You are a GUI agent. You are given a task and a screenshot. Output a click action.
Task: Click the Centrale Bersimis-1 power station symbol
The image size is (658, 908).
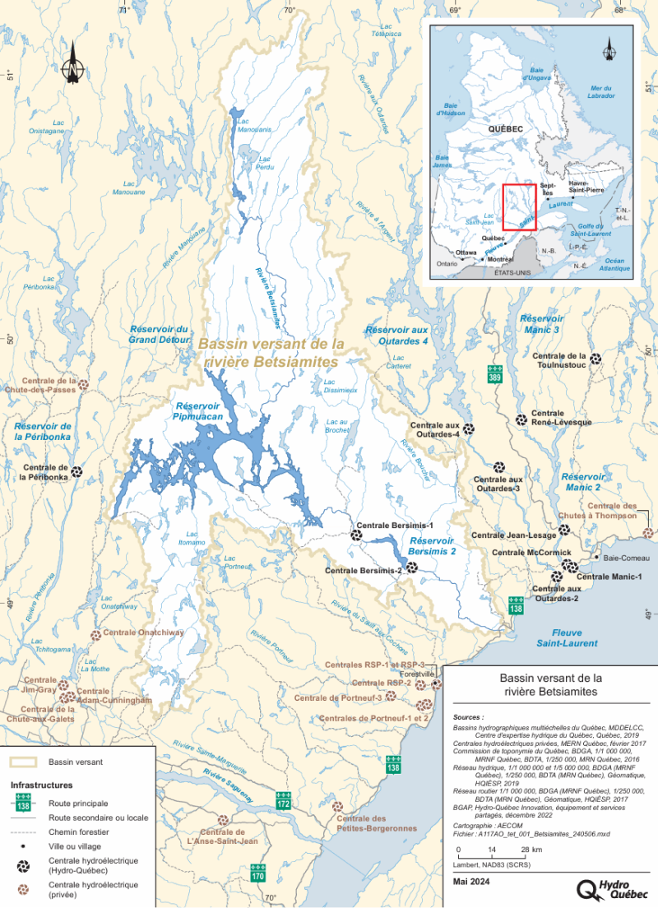(x=358, y=535)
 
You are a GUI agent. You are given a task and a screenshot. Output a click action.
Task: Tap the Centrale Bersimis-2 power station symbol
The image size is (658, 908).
(x=412, y=567)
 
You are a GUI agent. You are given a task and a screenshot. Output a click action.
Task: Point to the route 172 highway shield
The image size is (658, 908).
(x=284, y=799)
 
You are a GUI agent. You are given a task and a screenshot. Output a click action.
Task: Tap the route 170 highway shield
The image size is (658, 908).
(x=258, y=873)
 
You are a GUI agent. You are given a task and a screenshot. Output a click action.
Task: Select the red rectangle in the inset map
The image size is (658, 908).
(x=519, y=207)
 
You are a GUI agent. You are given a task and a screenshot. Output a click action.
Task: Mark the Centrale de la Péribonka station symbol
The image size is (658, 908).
(x=76, y=472)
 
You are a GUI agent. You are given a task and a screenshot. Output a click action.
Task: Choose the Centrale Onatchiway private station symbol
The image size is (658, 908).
(x=96, y=635)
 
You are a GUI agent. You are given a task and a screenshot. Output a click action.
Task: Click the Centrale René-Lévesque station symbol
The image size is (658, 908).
(x=521, y=420)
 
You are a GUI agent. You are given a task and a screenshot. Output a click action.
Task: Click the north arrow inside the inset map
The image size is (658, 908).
(x=609, y=49)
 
